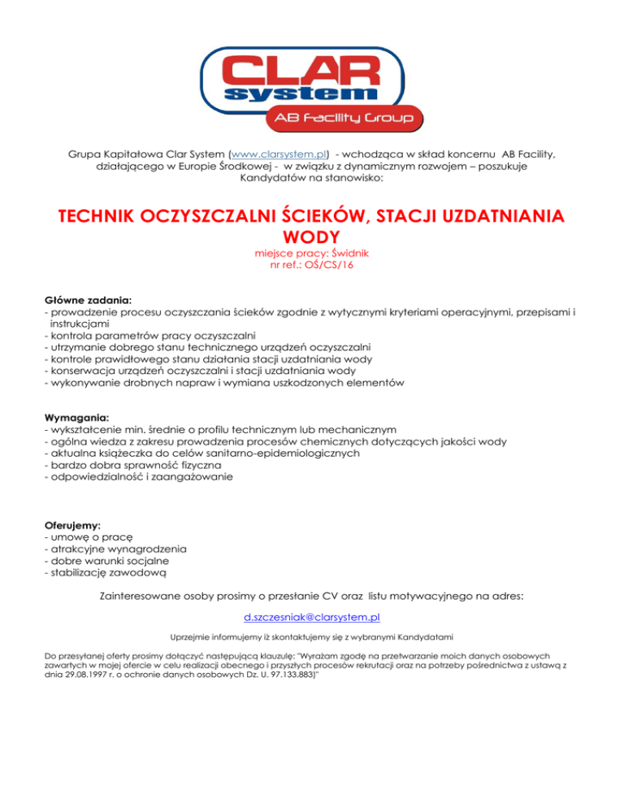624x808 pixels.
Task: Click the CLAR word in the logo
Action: point(312,72)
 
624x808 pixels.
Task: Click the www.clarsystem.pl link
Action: point(280,152)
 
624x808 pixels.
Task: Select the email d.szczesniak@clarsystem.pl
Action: point(313,618)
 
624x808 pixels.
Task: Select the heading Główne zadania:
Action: point(89,299)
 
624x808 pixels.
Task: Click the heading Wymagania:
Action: point(76,417)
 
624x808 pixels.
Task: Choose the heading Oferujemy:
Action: point(72,525)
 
